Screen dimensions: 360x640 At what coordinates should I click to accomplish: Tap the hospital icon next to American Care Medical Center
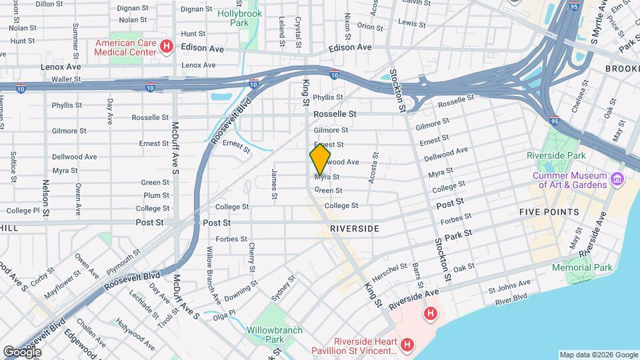pos(167,47)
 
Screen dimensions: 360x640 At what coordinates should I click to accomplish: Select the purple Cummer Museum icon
pos(617,179)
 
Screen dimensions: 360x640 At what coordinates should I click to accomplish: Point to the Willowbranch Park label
pos(274,335)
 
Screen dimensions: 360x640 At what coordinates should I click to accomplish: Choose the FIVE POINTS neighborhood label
pos(549,212)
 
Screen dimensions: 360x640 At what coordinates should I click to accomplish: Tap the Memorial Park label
pos(581,267)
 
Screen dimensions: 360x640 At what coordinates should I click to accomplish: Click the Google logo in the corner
pos(22,351)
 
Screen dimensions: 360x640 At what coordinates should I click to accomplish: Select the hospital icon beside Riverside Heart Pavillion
pos(407,345)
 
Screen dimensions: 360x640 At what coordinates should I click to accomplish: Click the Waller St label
pos(66,79)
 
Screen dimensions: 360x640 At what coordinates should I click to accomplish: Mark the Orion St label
pos(369,26)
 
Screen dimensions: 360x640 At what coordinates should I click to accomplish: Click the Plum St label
pos(156,195)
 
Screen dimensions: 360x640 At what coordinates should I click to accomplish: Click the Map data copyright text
pos(598,355)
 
